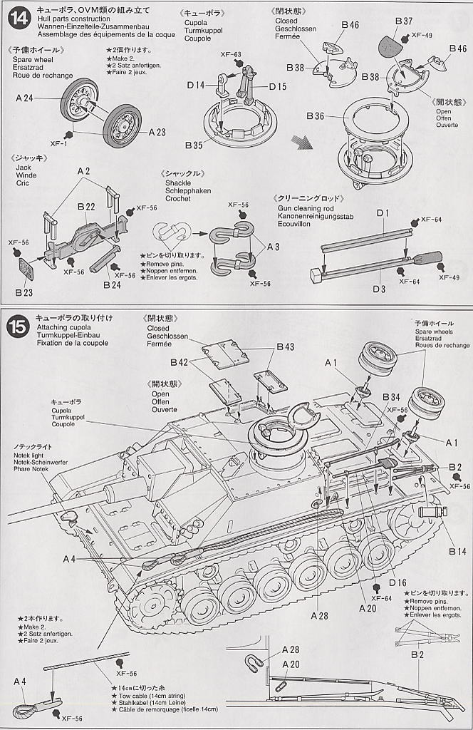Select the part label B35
point(194,145)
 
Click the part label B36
point(316,115)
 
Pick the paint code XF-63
point(232,54)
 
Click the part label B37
point(404,21)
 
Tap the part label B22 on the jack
point(86,207)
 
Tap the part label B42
point(180,362)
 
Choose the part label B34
point(391,397)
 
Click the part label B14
point(457,550)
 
